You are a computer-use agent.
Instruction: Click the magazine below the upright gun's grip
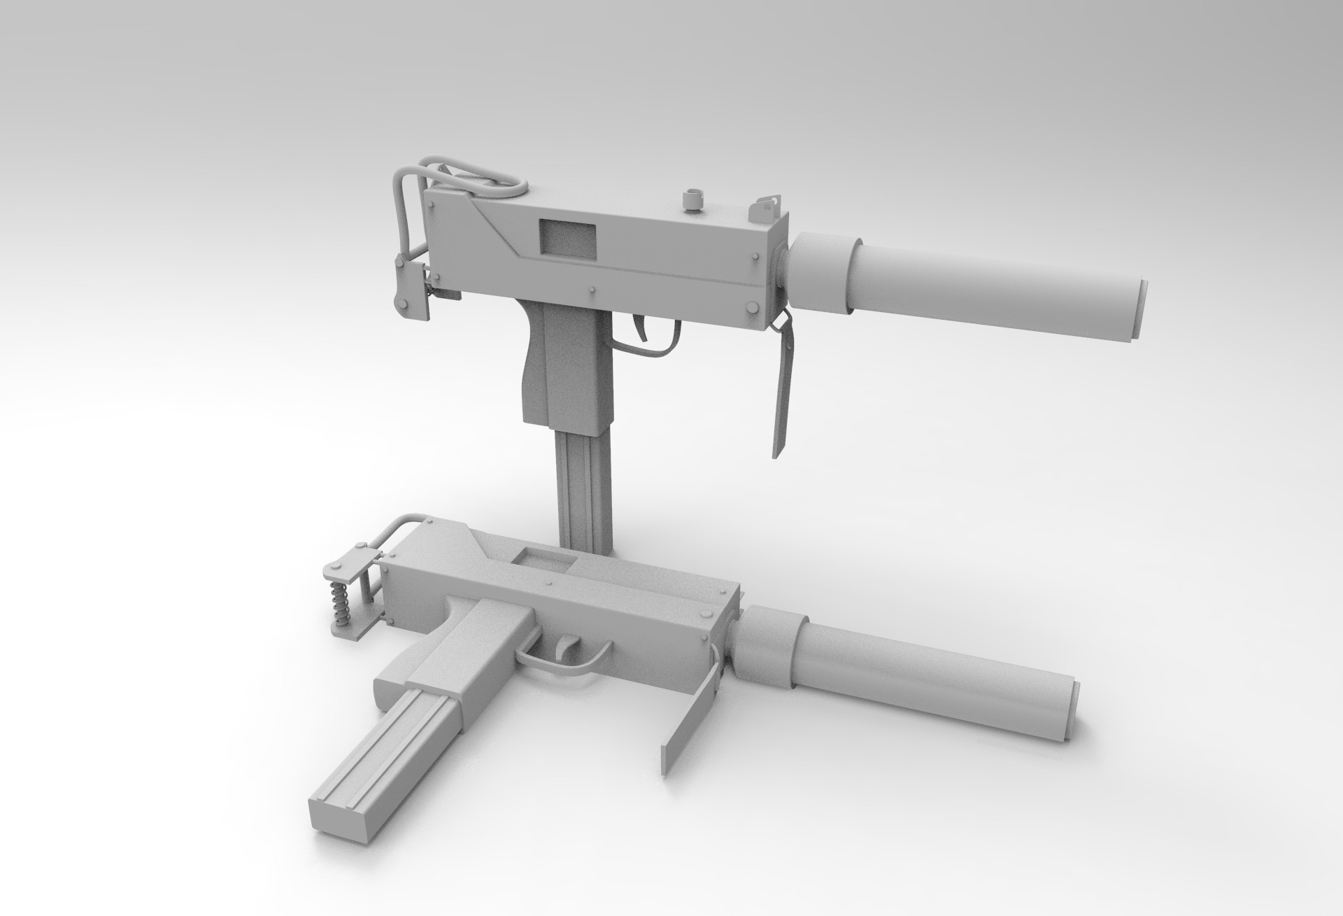point(584,483)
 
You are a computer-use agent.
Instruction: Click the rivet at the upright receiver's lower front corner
point(752,307)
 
